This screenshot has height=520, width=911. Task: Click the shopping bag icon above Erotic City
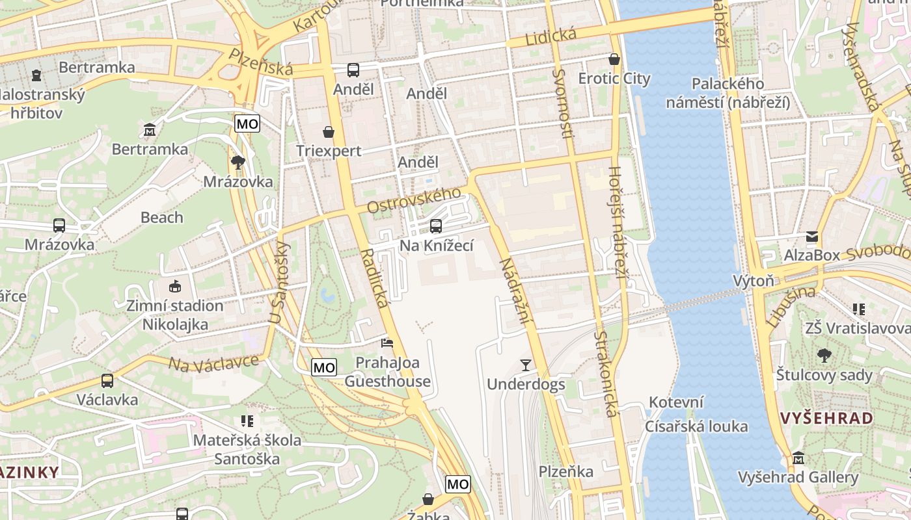(x=614, y=59)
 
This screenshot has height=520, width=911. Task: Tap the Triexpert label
(x=329, y=151)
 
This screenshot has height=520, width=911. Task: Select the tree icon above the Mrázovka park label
(x=238, y=162)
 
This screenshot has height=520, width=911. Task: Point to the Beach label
(x=162, y=218)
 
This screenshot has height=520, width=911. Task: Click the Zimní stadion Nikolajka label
(x=175, y=315)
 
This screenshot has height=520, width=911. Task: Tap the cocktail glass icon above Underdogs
(x=526, y=365)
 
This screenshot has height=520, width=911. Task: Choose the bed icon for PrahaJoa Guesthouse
(x=387, y=343)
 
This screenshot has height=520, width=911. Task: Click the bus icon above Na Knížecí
(x=436, y=226)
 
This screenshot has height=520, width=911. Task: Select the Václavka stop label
(x=107, y=399)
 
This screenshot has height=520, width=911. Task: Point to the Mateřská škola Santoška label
(x=247, y=450)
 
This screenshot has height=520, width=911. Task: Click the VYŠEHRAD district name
(x=826, y=418)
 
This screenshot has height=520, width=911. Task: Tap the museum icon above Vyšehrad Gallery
(x=798, y=459)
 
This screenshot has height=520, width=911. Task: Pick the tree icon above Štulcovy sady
(x=824, y=356)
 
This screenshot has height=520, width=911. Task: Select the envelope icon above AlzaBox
(x=812, y=237)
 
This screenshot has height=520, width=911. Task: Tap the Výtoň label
(x=754, y=281)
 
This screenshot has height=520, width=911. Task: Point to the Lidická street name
(x=542, y=38)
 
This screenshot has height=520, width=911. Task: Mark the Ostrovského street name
(x=415, y=200)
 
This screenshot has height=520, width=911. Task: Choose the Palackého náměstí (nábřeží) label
(x=727, y=93)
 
